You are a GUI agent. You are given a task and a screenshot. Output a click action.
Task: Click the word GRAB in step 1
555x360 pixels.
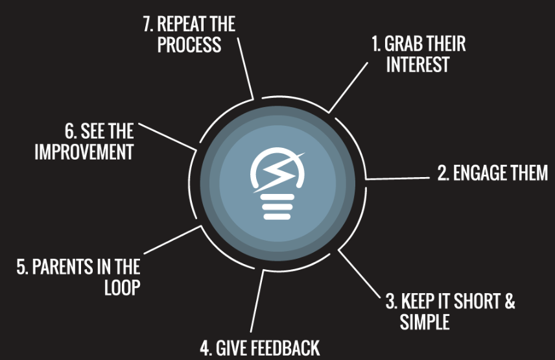tap(403, 43)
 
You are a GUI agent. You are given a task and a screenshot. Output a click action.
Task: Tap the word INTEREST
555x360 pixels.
tap(418, 64)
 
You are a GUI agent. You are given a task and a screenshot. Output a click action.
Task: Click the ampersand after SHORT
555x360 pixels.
tap(510, 301)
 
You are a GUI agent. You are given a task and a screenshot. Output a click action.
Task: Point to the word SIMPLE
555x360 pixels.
tap(425, 322)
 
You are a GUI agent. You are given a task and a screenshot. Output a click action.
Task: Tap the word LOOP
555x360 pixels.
tap(123, 287)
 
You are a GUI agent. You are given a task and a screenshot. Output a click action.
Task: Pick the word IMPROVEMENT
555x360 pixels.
tap(84, 152)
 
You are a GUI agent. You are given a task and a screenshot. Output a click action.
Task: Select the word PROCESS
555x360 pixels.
tap(189, 45)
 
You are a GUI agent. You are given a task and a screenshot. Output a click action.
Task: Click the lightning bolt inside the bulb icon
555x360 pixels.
tap(279, 173)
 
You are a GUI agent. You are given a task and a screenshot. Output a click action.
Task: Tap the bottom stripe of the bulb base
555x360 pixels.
tap(277, 216)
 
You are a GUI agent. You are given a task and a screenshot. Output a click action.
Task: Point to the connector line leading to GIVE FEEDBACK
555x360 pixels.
tap(257, 301)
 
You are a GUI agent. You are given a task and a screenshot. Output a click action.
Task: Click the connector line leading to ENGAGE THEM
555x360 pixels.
tap(397, 178)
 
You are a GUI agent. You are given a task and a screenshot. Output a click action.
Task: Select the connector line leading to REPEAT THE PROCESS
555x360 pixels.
tap(245, 68)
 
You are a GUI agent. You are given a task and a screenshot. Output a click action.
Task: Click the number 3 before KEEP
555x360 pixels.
tap(391, 301)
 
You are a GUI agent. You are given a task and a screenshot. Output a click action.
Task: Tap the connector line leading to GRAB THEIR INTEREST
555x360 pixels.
tap(348, 88)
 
